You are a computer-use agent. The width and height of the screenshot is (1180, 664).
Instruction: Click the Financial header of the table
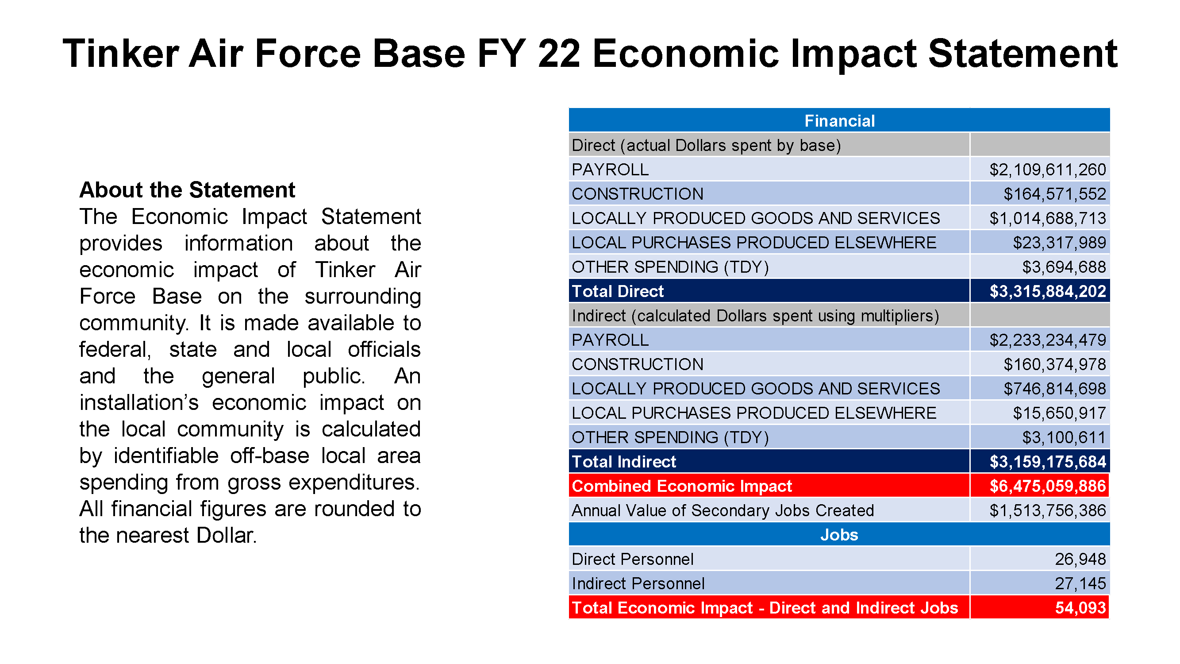coord(839,121)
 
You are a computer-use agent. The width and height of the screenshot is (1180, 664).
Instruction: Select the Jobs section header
coord(839,535)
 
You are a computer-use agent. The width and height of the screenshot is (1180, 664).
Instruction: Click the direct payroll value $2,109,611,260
coord(1047,170)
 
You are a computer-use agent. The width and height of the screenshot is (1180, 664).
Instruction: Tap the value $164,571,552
coord(1054,194)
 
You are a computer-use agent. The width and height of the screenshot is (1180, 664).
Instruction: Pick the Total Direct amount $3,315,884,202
coord(1048,291)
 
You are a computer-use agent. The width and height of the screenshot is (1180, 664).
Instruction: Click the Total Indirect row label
coord(623,462)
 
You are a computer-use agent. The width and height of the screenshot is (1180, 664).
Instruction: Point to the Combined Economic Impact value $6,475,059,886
coord(1048,486)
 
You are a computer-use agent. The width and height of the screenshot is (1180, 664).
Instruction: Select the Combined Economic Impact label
coord(682,486)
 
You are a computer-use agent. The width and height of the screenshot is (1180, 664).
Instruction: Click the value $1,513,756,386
coord(1047,510)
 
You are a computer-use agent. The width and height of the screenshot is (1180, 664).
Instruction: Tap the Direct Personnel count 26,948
coord(1080,559)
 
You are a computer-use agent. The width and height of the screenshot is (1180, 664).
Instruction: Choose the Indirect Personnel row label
coord(638,583)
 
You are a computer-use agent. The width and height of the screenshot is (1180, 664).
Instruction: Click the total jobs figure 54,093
coord(1080,608)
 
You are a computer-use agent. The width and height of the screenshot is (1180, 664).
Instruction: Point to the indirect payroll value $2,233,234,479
coord(1047,340)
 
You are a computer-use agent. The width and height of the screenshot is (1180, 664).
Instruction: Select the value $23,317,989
coord(1059,243)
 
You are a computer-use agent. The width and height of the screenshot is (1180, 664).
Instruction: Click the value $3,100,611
coord(1064,438)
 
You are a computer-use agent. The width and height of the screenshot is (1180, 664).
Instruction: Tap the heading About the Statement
coord(187,190)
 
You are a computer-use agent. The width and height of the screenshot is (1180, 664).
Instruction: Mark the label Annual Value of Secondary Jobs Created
coord(723,510)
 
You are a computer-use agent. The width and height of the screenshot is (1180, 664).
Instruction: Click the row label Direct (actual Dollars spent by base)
coord(706,145)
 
